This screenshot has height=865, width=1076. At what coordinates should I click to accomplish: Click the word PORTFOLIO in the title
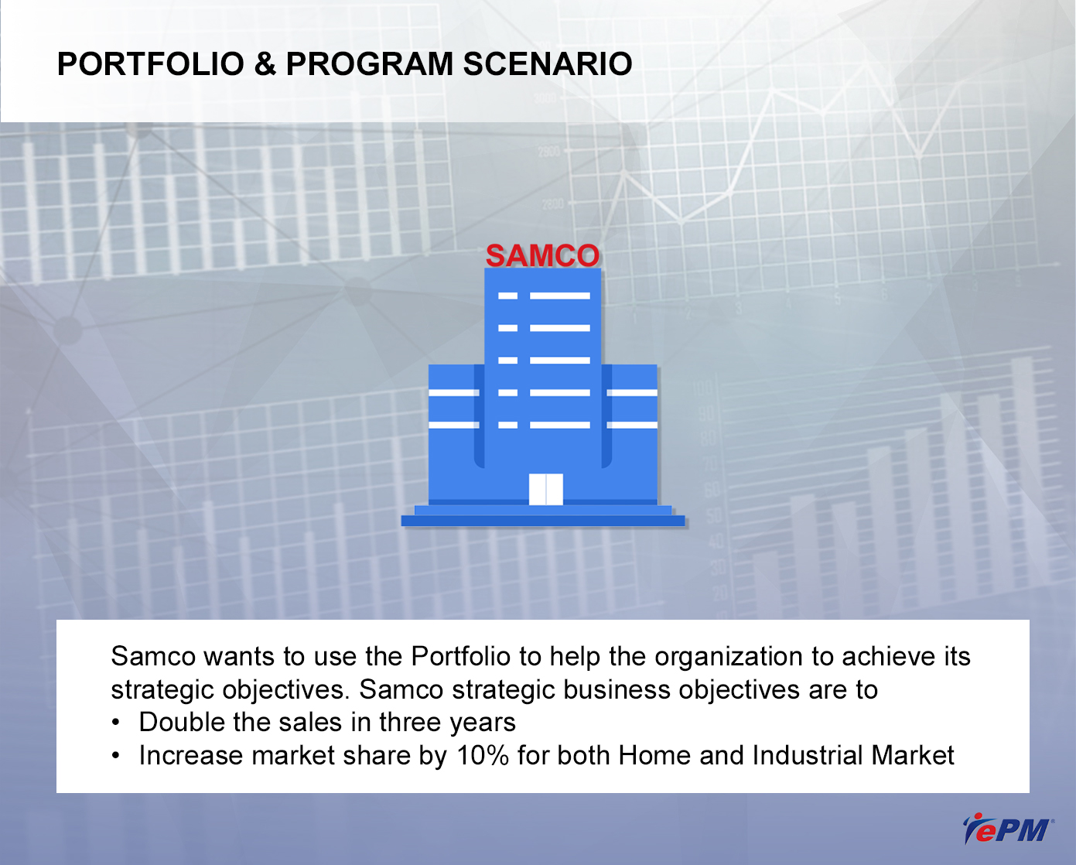click(151, 64)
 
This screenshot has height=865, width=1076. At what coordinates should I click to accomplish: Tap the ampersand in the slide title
click(265, 64)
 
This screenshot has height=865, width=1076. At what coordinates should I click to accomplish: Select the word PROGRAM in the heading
click(370, 64)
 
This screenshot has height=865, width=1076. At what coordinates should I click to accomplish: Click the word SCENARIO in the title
click(548, 64)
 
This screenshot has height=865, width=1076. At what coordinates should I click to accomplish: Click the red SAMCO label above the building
click(542, 255)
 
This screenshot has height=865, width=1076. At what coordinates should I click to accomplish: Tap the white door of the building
click(545, 489)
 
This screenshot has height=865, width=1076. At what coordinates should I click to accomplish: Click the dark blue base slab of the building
click(543, 521)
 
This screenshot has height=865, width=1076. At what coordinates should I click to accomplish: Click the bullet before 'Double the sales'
click(116, 723)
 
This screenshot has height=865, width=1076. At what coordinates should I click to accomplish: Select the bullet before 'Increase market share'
click(116, 756)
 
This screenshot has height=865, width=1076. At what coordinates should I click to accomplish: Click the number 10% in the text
click(483, 755)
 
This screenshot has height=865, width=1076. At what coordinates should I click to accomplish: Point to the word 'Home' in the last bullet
click(654, 755)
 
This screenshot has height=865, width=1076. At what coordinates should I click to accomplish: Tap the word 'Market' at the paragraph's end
click(913, 755)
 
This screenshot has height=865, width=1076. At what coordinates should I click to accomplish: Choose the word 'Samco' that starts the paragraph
click(153, 656)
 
